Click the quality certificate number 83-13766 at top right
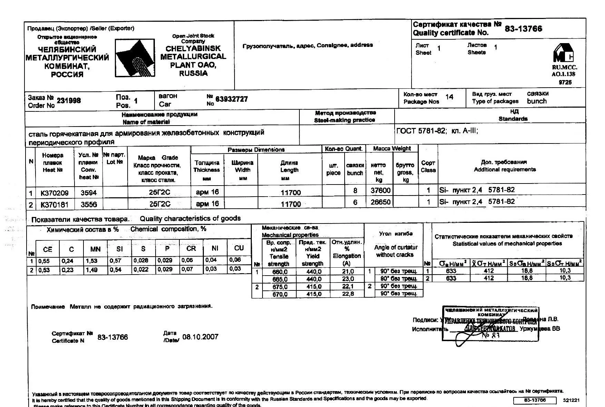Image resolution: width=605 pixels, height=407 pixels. coord(523,29)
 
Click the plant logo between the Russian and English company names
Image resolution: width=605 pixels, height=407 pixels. coord(135,58)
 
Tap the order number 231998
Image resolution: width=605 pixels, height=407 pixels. coord(69,101)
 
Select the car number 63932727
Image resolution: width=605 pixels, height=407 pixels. coord(231,99)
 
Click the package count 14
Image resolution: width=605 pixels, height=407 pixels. coord(449,97)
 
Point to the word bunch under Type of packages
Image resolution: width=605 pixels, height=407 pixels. coord(537,101)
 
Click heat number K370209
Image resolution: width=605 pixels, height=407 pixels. coord(54,193)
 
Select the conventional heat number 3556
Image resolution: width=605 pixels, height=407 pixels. coord(89,205)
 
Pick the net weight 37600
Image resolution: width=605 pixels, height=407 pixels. coord(380,191)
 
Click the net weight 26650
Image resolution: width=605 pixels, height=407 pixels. coord(380,202)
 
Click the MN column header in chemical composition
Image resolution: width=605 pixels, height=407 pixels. coord(95,249)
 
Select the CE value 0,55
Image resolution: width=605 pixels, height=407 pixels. coord(44,261)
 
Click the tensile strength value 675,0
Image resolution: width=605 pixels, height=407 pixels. coord(279,287)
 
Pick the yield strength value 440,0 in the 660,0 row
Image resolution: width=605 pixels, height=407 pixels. coord(314,272)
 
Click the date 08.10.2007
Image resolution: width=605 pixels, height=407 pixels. coord(200,337)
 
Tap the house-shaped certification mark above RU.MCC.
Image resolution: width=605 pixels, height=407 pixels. coord(563,53)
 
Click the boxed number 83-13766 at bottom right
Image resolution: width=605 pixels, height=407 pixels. coord(535,400)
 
